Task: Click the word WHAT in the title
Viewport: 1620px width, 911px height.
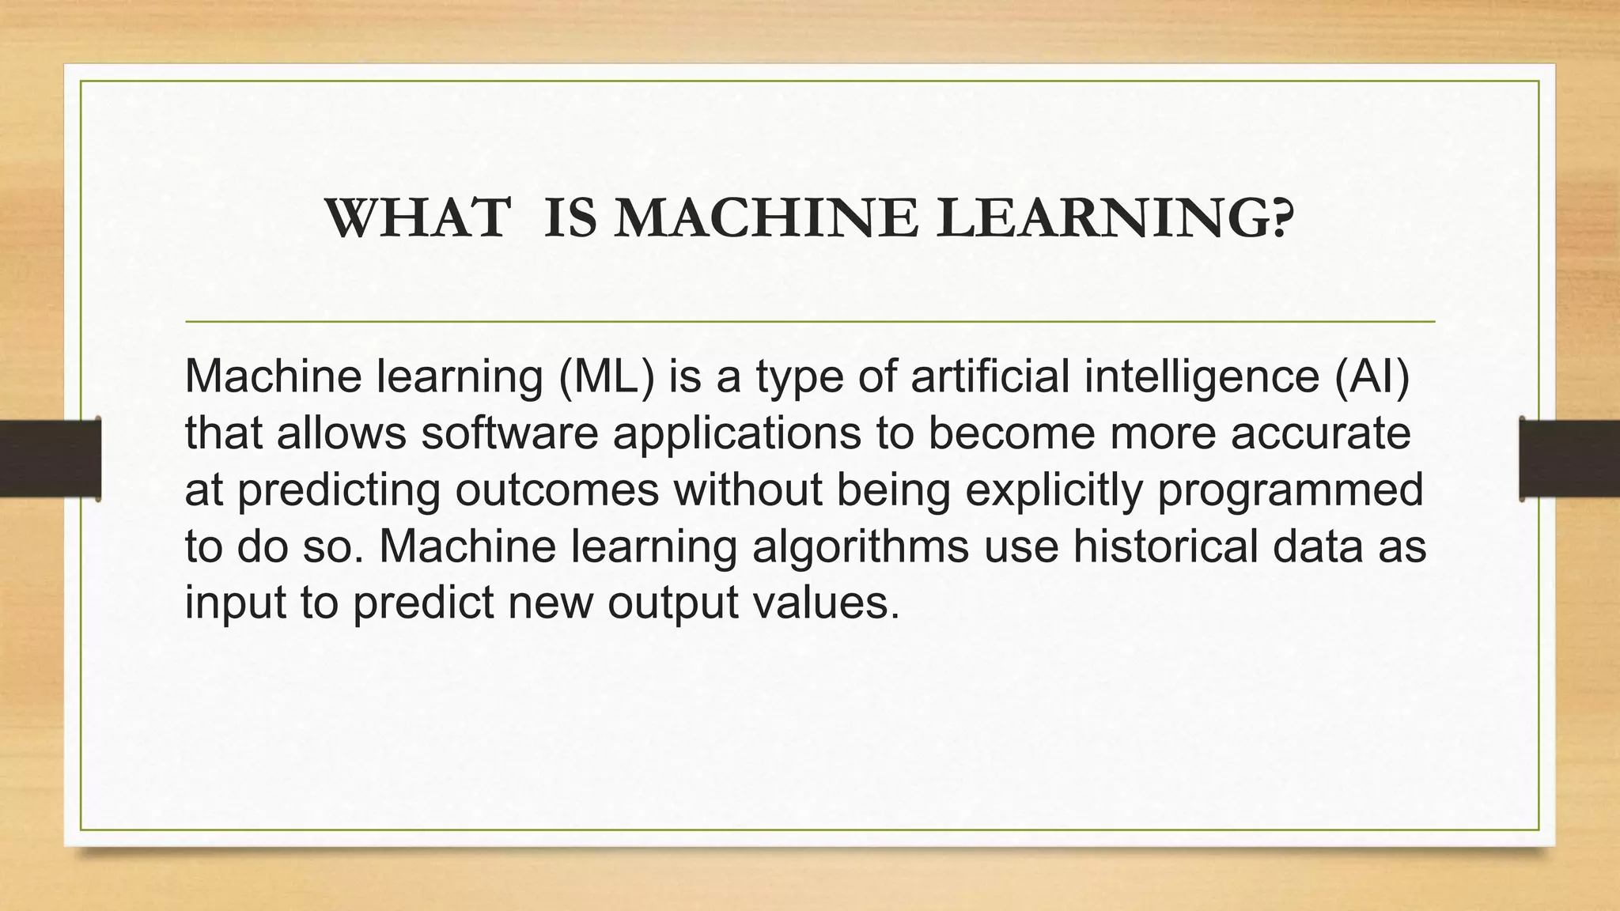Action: (x=417, y=219)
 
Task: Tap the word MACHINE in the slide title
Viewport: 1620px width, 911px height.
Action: (x=766, y=219)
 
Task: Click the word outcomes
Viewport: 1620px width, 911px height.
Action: (x=557, y=490)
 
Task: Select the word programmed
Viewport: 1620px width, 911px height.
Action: (x=1290, y=491)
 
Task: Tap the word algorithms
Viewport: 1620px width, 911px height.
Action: (x=861, y=546)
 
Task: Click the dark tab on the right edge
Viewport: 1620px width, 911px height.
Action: (x=1569, y=459)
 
